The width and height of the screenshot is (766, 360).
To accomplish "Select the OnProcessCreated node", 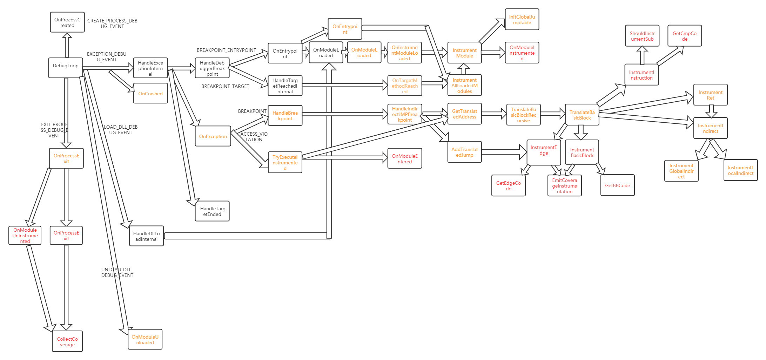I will coord(67,22).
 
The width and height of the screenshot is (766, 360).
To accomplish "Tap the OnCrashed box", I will coord(150,94).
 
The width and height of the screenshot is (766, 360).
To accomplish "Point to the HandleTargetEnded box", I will coord(213,211).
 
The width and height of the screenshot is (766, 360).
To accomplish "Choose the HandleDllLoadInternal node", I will coord(147,236).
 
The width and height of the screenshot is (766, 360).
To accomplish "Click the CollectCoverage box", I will coord(67,342).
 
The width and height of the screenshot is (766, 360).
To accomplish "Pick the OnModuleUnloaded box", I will coord(145,340).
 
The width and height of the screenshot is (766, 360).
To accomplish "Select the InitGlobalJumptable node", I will coord(522,20).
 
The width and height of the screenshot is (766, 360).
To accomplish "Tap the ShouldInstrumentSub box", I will coord(642,36).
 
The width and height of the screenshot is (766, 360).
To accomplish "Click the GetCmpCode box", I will coord(685,36).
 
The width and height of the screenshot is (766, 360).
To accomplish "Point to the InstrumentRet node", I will coord(711,95).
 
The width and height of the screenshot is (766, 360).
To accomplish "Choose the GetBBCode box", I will coord(618,185).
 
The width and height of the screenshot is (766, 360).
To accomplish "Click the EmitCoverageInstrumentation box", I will coord(565,186).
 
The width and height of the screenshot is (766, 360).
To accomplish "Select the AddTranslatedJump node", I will coord(465,152).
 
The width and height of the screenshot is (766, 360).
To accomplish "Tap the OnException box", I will coord(213,136).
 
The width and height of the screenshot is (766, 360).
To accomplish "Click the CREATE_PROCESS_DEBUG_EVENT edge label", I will coord(112,23).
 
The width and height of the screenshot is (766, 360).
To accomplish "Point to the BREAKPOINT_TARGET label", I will coord(226,86).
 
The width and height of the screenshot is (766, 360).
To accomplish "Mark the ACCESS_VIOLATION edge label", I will coord(254,137).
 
